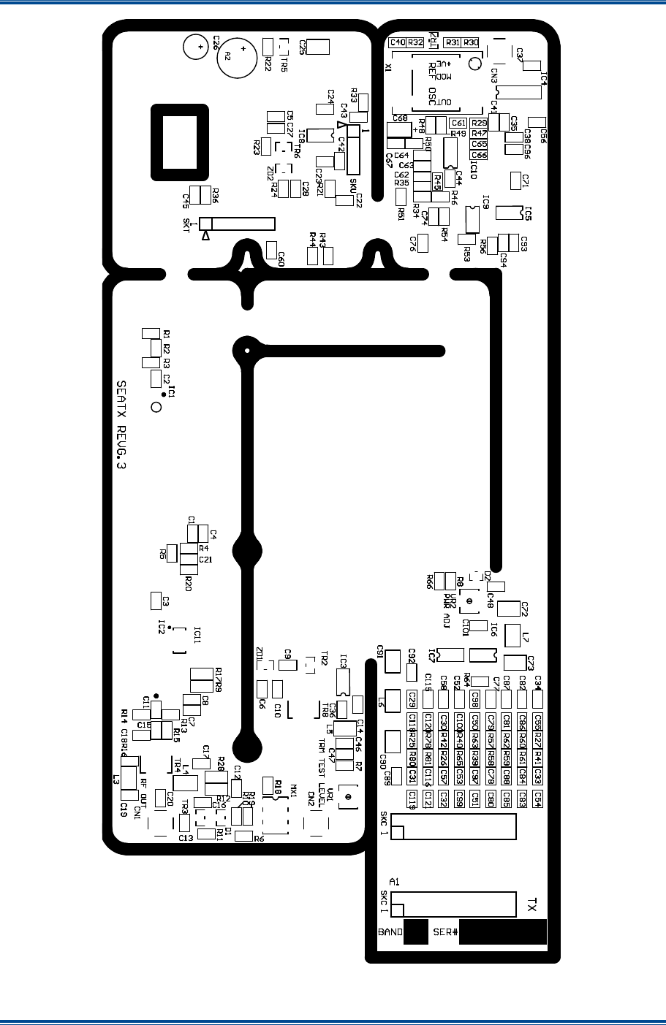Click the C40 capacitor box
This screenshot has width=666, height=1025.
(x=398, y=42)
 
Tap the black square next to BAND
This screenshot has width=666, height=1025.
(x=415, y=933)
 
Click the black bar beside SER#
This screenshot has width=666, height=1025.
(x=503, y=933)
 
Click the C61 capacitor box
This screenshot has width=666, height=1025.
(x=458, y=123)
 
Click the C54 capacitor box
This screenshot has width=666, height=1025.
(x=538, y=799)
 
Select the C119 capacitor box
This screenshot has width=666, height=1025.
(x=412, y=798)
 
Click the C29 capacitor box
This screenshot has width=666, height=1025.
(x=412, y=699)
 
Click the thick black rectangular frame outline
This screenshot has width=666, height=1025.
(x=179, y=142)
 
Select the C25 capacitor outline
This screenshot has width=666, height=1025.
(x=318, y=47)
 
